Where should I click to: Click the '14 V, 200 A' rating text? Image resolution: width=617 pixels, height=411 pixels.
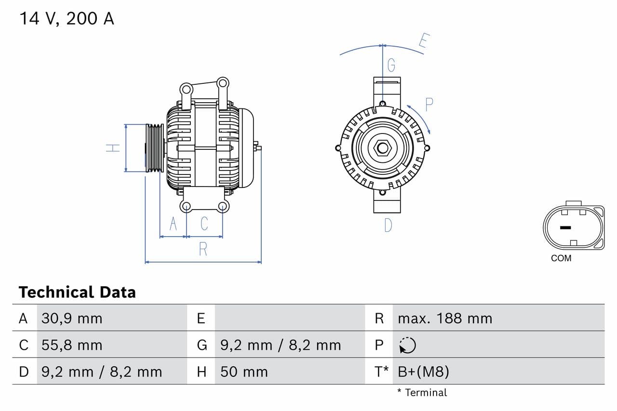(x=67, y=19)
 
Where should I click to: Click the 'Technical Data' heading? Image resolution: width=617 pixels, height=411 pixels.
(x=77, y=292)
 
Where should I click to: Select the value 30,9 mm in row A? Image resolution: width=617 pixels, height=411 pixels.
(x=72, y=318)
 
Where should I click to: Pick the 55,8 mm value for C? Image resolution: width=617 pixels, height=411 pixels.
(x=72, y=345)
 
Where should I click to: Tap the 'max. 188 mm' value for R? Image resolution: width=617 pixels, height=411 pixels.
(x=445, y=318)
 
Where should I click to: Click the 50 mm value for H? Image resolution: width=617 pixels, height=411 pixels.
(x=244, y=371)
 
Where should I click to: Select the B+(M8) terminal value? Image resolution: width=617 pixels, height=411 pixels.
(x=424, y=371)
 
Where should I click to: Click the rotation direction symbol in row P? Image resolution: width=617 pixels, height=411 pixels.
(x=407, y=345)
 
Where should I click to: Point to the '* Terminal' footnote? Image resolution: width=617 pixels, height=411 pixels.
(x=422, y=393)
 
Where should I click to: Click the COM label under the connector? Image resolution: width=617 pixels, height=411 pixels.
(x=561, y=258)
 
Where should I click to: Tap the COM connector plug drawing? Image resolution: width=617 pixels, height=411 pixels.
(x=573, y=227)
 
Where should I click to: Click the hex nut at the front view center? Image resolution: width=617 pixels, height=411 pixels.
(x=383, y=147)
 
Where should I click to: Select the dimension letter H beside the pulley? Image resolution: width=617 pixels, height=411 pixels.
(x=113, y=148)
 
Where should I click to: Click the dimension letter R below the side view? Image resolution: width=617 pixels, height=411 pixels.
(x=203, y=249)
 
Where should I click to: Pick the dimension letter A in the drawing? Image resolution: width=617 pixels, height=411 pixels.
(x=173, y=224)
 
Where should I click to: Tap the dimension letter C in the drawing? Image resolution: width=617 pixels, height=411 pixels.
(x=204, y=224)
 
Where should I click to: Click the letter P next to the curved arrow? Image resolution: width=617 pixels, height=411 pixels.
(x=429, y=104)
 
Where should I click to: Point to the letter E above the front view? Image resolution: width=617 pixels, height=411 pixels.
(x=424, y=41)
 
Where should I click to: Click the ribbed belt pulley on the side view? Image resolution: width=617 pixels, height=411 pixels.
(x=155, y=148)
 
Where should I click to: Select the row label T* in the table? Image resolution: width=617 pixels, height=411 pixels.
(x=382, y=371)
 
